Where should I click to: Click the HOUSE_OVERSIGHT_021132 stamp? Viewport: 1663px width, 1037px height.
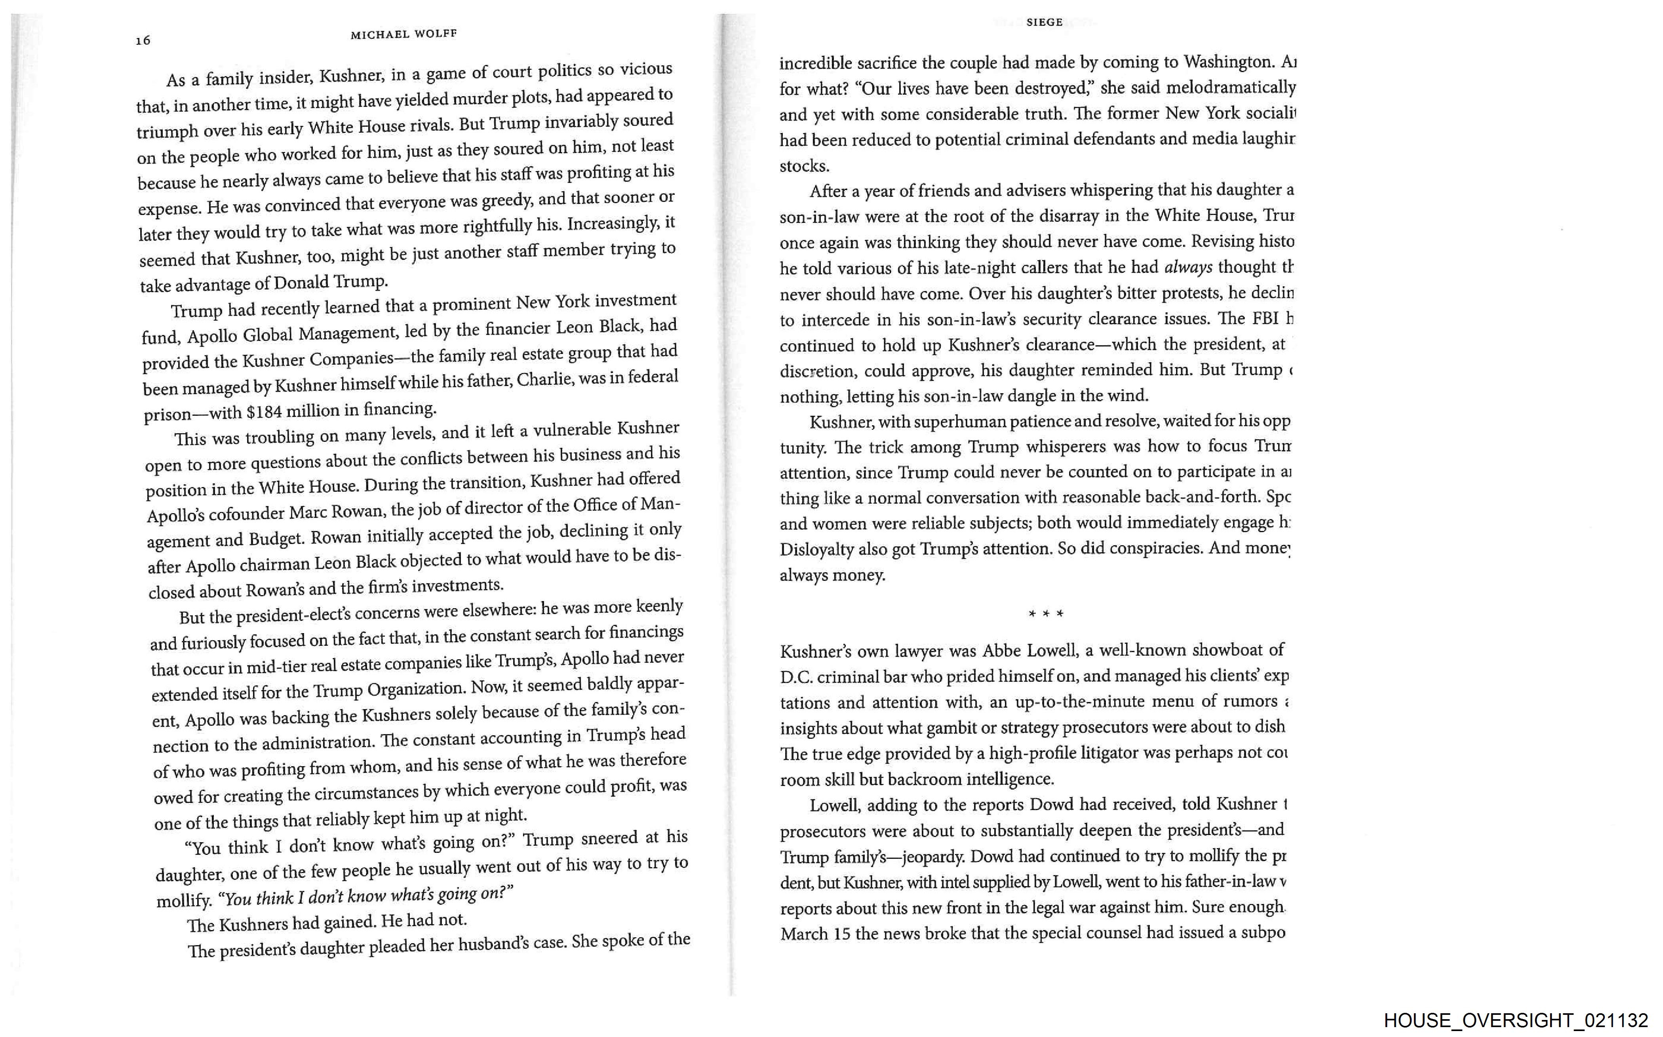(x=1516, y=1020)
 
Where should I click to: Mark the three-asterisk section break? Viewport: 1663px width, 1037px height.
(x=1046, y=614)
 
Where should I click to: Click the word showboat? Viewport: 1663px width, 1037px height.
(x=1226, y=649)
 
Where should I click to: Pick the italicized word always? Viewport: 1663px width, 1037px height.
(x=1188, y=267)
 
